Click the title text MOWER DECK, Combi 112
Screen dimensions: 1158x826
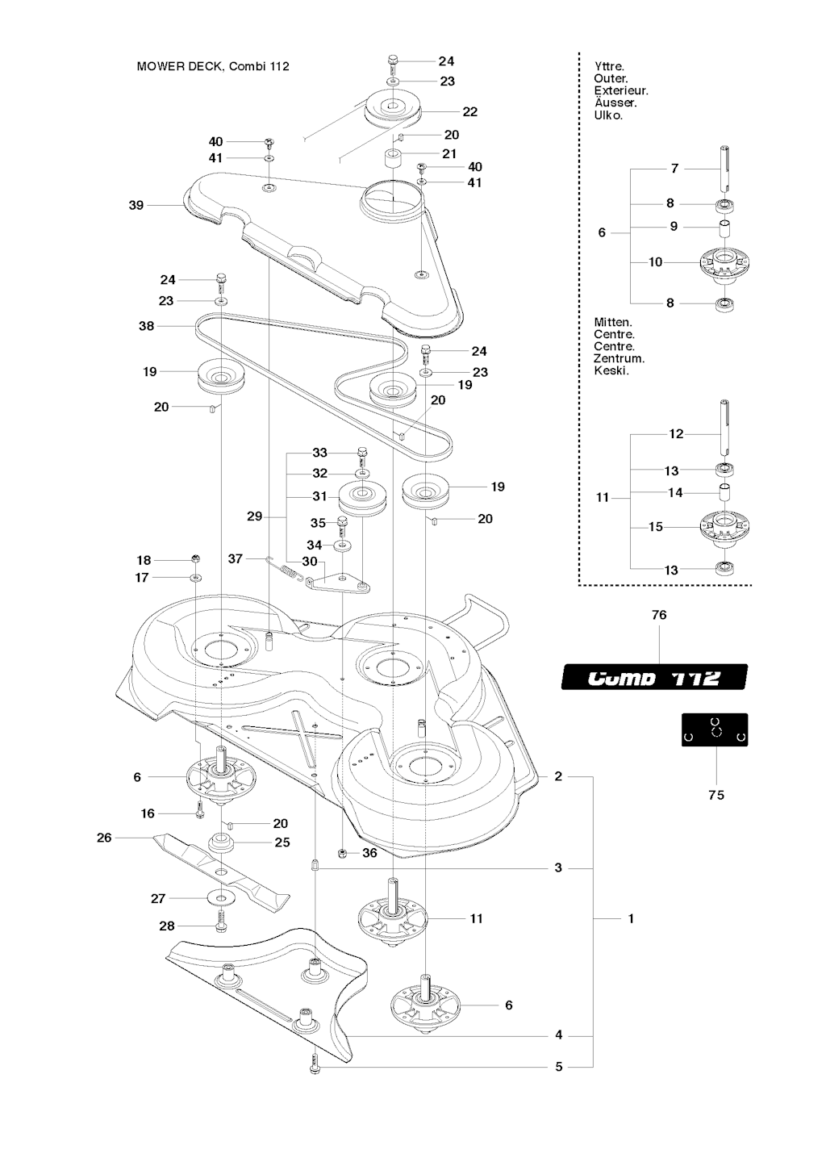click(x=213, y=66)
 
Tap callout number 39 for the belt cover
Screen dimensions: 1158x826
click(x=136, y=206)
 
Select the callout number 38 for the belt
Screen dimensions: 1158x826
click(x=146, y=326)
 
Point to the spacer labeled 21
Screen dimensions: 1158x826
click(x=393, y=157)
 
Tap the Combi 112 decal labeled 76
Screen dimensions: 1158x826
click(x=654, y=676)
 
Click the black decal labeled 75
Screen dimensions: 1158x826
click(x=715, y=729)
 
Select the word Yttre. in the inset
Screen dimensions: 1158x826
click(x=609, y=67)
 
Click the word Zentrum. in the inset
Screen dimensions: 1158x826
click(x=619, y=358)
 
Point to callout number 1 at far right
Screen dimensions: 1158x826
click(x=631, y=918)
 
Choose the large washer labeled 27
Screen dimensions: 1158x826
click(x=220, y=898)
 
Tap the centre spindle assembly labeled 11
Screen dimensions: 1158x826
click(x=392, y=918)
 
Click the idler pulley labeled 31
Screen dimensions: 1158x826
click(x=362, y=498)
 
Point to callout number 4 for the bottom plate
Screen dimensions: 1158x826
click(x=559, y=1035)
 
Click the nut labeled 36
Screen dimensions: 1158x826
click(x=342, y=853)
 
